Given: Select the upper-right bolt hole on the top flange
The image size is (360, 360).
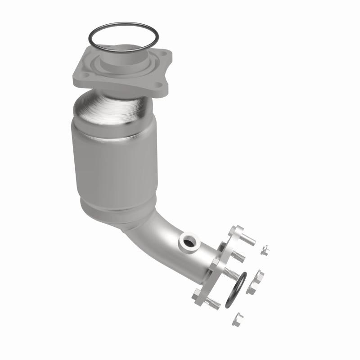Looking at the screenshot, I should point(164,56).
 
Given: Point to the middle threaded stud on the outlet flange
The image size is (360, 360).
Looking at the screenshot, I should point(232,273).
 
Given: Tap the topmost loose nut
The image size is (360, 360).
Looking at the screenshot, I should point(265,250).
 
